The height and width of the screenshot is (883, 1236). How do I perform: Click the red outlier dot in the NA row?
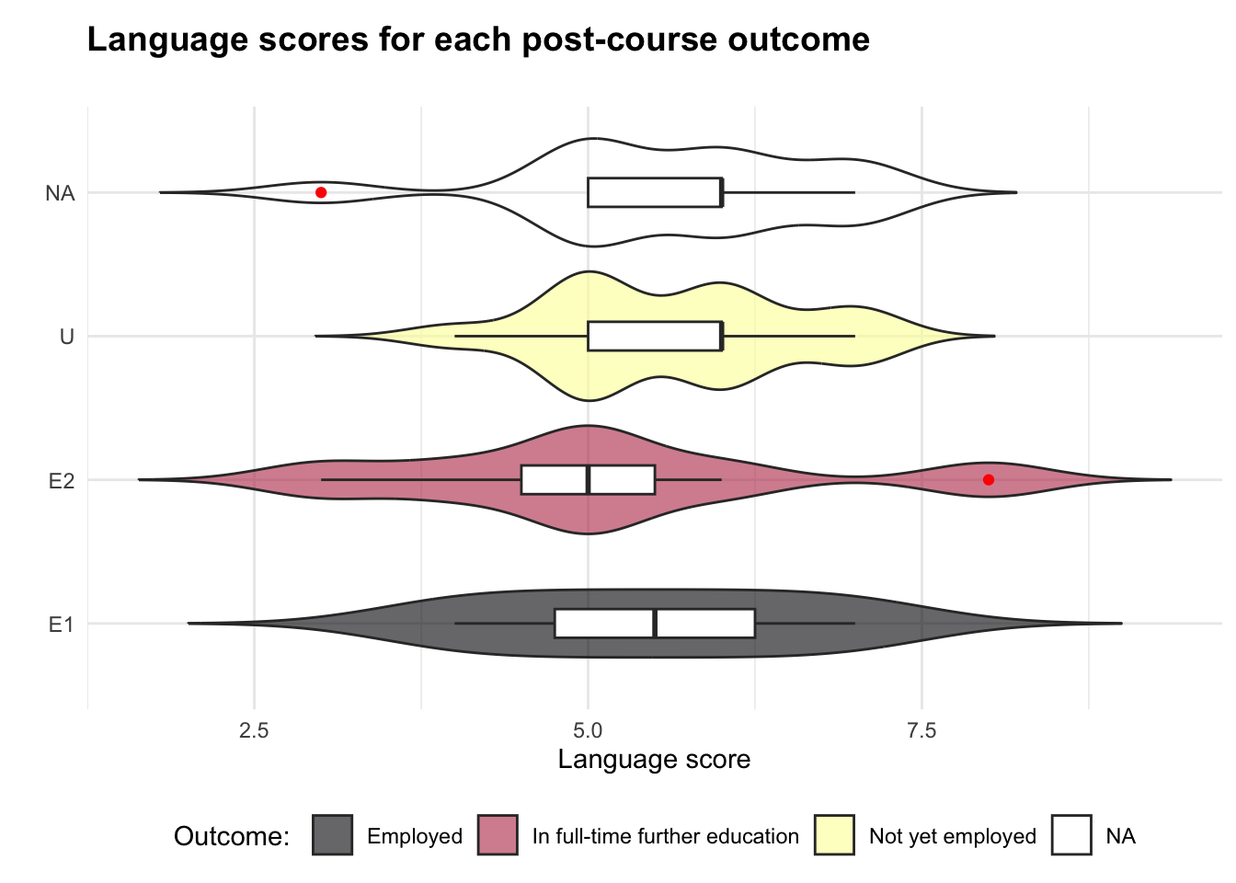(321, 192)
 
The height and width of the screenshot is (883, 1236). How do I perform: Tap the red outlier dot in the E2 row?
(989, 479)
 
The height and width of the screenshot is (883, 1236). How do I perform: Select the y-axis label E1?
(61, 625)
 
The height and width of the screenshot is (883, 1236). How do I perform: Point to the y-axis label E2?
(61, 480)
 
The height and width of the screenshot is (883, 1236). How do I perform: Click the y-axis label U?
(66, 337)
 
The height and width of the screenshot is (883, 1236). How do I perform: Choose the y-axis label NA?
(60, 193)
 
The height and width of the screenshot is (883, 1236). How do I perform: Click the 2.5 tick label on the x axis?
(254, 730)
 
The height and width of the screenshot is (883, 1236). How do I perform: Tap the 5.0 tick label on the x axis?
(588, 730)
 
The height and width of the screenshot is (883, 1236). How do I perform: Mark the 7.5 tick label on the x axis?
(921, 730)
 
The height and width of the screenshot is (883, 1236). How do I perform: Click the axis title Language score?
(654, 760)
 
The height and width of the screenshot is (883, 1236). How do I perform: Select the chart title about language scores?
(478, 40)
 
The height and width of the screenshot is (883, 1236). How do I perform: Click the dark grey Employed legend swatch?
(332, 835)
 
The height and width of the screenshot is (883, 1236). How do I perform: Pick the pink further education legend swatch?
(498, 835)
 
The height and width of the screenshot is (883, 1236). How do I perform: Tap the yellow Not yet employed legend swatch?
(834, 835)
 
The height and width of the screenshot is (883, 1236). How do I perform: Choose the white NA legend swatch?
(1071, 835)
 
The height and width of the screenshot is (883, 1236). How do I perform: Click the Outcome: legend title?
(232, 836)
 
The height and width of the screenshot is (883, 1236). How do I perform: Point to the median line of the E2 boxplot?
(588, 480)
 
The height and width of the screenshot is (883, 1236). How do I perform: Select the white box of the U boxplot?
(654, 337)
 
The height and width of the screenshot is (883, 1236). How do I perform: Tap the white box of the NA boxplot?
(654, 192)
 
